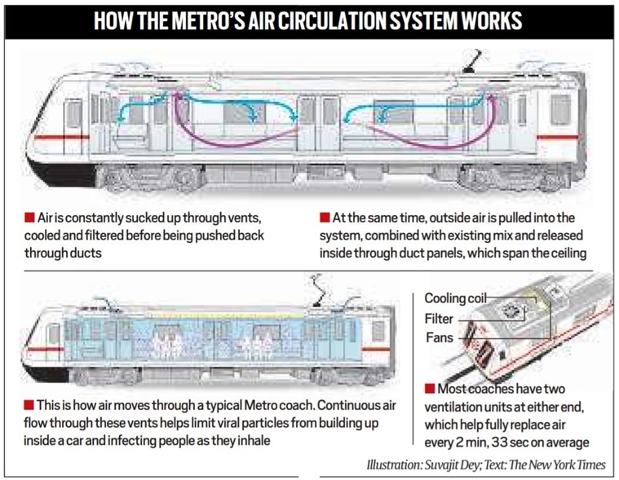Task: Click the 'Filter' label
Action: click(x=438, y=319)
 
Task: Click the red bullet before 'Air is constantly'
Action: click(x=29, y=218)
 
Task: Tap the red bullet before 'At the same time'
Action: click(x=324, y=218)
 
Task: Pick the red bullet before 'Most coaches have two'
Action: click(x=429, y=389)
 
